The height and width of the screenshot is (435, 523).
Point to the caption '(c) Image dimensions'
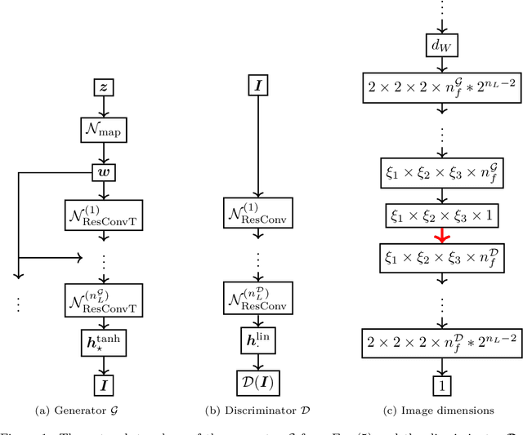click(x=438, y=408)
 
